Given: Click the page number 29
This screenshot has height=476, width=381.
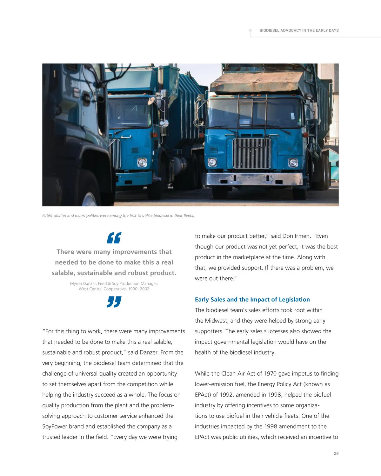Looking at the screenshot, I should tap(336, 453).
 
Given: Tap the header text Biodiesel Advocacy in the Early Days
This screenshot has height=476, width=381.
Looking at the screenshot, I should tap(299, 31).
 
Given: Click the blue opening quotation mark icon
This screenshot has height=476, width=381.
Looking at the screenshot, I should tap(114, 238).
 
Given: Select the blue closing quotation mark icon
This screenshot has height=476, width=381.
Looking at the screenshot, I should tap(114, 302).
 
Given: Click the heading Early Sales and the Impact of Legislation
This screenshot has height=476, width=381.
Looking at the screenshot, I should tap(252, 299).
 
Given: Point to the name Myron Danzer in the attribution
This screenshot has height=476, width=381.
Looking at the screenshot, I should tap(83, 283).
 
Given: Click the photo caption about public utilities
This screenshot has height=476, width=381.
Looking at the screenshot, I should tap(118, 215).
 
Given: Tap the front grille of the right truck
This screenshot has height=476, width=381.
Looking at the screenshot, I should tap(251, 153).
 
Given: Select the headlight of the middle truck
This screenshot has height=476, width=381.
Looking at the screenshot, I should tap(142, 163).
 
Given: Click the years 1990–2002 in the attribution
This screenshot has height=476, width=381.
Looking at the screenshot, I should tap(138, 289).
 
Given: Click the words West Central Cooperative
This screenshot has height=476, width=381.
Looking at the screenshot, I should tap(102, 289).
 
